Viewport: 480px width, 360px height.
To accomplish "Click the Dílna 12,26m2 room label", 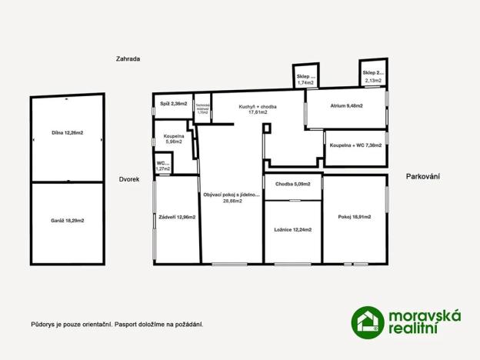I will pos(67,133).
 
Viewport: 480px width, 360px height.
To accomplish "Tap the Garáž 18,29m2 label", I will pos(67,221).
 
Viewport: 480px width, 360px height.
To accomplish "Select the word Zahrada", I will pos(128,58).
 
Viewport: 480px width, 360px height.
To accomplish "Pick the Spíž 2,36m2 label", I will pos(173,103).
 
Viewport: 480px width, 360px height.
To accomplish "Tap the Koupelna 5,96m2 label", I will pos(174,138).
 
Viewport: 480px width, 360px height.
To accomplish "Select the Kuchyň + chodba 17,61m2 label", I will pos(258,110).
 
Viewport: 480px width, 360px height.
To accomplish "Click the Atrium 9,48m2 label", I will pos(346,105).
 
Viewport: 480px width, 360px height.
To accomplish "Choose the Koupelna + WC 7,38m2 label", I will pos(355,145).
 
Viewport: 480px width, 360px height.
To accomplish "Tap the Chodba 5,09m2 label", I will pos(292,184).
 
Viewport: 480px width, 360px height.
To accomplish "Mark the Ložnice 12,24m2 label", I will pos(292,230).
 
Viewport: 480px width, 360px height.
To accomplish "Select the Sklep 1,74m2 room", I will pos(305,78).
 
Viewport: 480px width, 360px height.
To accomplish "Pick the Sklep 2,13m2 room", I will pos(372,75).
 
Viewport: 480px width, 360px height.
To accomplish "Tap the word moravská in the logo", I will pos(425,315).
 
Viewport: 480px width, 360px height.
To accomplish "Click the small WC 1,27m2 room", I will pos(162,165).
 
